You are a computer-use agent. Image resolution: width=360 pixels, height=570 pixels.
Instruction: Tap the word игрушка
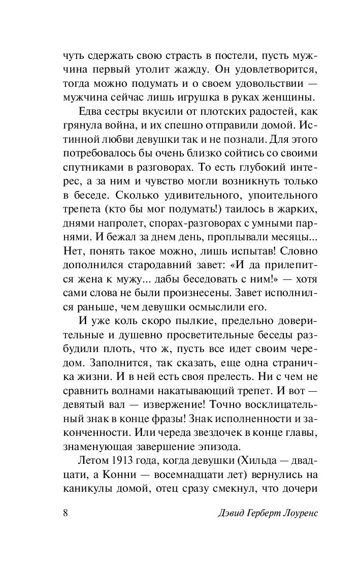pos(211,96)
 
